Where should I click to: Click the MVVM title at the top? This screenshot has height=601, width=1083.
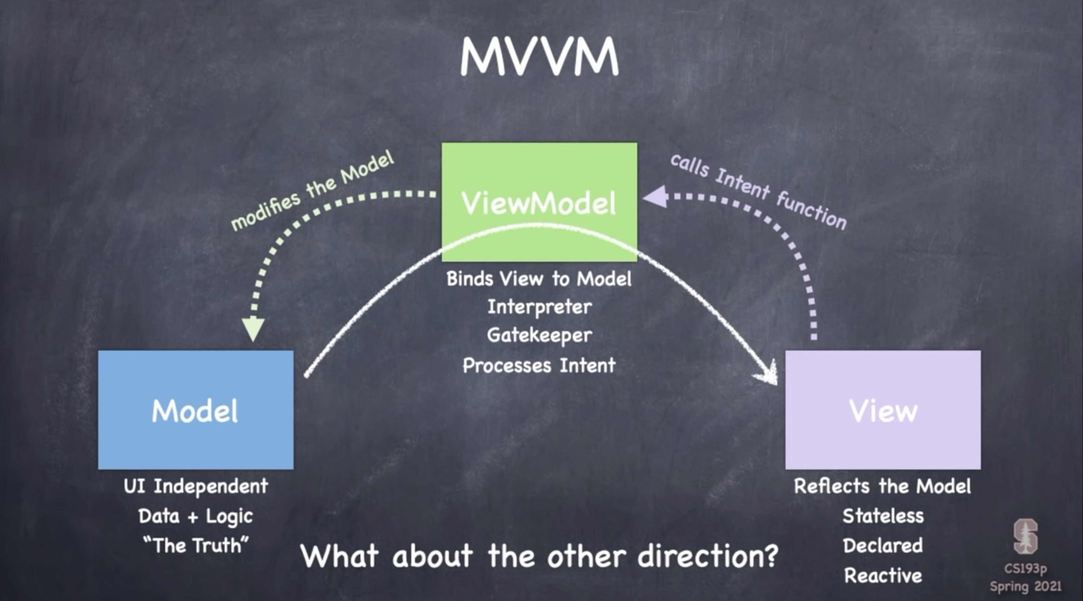point(539,57)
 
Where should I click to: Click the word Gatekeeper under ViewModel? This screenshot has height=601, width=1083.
point(539,336)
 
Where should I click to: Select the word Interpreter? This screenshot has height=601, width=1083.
point(539,307)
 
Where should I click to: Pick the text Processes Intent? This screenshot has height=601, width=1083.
point(539,366)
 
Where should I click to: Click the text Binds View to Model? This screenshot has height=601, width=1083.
point(539,279)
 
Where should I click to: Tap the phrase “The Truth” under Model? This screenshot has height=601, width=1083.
point(196,545)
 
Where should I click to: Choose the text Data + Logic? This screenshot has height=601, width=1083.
point(196,516)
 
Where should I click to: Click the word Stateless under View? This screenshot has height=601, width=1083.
point(883,516)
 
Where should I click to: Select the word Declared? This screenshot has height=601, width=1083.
point(883,545)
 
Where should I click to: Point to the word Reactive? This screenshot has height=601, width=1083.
point(883,575)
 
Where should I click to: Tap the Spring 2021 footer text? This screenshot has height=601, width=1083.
point(1025,586)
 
